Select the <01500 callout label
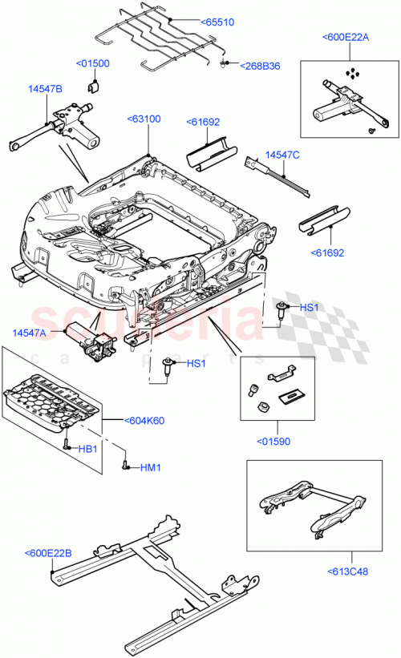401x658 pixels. click(93, 63)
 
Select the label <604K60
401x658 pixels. click(144, 419)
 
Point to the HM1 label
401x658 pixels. click(151, 467)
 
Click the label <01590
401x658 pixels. click(275, 441)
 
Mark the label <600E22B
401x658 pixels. click(49, 552)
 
